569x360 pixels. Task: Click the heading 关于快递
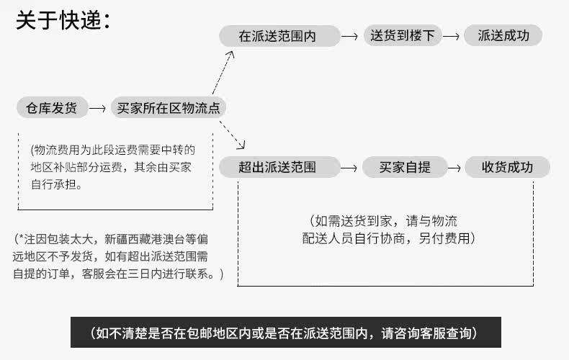(x=63, y=20)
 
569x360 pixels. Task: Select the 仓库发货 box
(x=53, y=107)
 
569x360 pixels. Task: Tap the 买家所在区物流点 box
(x=169, y=107)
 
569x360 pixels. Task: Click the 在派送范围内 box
(x=279, y=36)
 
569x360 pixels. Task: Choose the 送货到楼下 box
(x=403, y=35)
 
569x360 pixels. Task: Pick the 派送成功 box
(x=503, y=35)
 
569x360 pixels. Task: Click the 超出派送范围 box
(x=279, y=167)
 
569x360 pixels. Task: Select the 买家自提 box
(x=405, y=167)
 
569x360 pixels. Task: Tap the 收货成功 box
(x=507, y=167)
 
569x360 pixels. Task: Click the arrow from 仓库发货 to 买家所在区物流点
(x=97, y=108)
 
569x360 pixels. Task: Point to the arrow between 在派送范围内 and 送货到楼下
(x=350, y=36)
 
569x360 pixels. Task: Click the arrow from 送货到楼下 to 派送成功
(x=452, y=36)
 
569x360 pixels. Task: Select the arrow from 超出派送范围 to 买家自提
(x=349, y=168)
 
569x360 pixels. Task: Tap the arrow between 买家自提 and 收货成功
(x=454, y=168)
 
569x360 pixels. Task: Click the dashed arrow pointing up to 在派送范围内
(x=223, y=73)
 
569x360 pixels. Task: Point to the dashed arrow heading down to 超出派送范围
(x=232, y=135)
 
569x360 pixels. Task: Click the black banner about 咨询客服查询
(x=286, y=333)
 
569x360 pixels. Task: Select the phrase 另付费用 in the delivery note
(x=444, y=238)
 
